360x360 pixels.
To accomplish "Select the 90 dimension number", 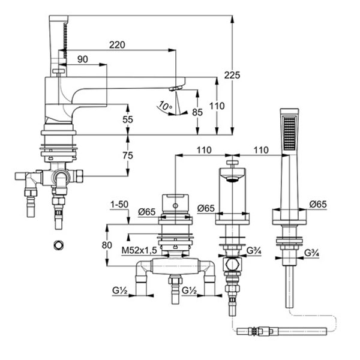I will click(82, 58).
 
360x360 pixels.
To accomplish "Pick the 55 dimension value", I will click(127, 120).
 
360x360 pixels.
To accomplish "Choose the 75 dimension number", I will click(127, 155).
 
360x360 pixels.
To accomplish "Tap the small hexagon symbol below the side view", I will click(58, 245).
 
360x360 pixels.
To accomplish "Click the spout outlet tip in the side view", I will click(174, 89).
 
